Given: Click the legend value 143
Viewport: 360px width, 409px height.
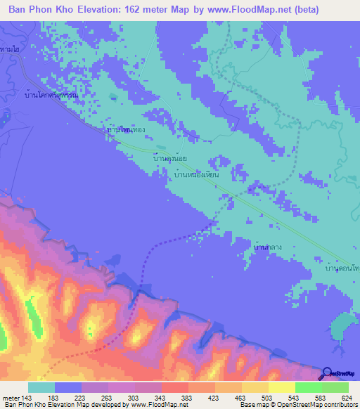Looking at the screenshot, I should coord(27,398).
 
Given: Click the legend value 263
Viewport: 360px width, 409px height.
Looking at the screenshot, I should coord(108,398).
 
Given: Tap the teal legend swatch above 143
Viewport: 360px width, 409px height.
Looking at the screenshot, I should coord(41,387).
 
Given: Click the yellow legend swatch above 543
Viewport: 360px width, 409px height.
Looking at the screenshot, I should coord(281,387).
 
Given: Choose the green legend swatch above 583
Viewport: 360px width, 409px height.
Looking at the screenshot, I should coord(308,387).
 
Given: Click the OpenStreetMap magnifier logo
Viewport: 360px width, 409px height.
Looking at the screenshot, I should coord(326,374).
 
